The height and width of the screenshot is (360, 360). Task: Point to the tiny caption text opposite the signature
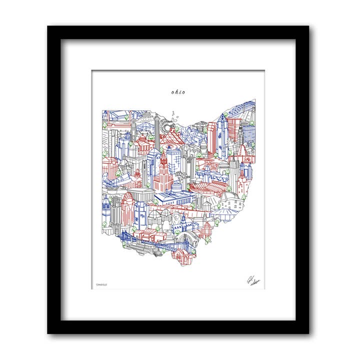coord(100,285)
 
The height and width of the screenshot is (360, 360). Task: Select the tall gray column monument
coord(156,131)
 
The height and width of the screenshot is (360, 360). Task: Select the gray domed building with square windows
coord(229,204)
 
